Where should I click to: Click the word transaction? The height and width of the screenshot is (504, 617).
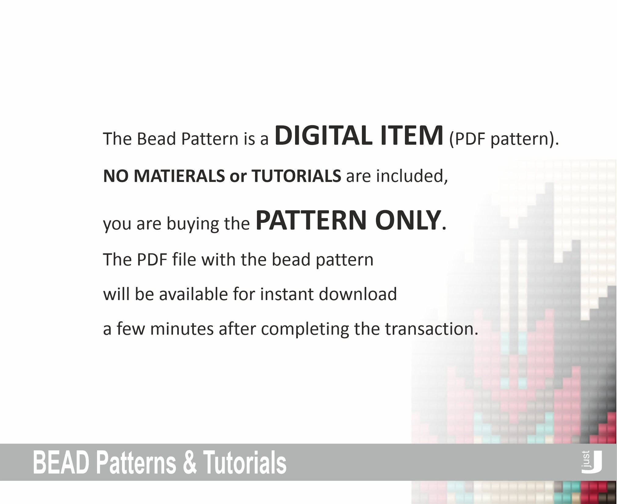pos(431,329)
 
